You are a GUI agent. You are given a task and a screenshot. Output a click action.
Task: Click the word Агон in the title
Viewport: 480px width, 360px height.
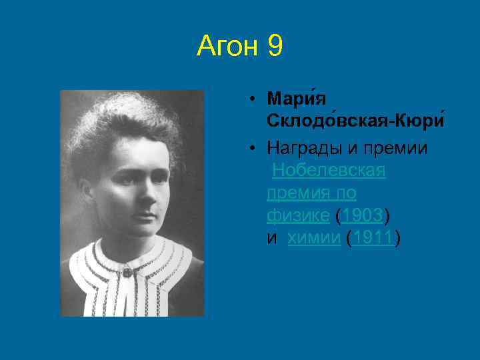point(229,47)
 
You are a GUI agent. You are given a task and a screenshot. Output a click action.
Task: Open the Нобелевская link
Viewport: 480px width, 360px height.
point(329,171)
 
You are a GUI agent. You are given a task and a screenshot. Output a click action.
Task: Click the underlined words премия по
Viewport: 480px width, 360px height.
point(311,193)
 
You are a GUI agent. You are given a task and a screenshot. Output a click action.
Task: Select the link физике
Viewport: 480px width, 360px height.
point(297,216)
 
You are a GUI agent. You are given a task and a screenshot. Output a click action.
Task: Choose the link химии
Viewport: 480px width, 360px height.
point(313,239)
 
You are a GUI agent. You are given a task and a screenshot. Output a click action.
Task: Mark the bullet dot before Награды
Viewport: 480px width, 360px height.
point(255,147)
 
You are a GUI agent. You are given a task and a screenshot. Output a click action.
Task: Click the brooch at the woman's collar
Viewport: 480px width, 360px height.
point(126,271)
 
